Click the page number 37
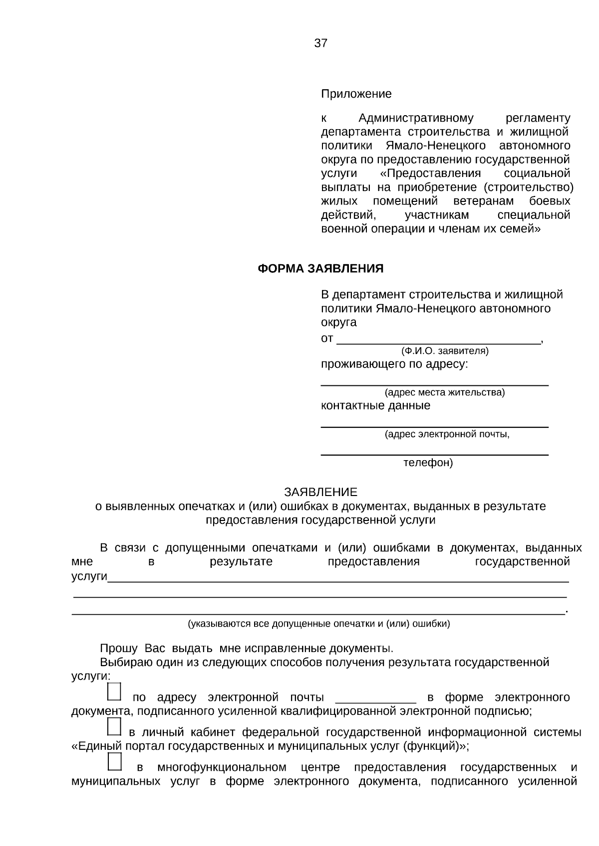pos(320,43)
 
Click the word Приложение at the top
pos(356,94)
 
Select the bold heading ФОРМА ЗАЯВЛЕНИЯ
pos(320,269)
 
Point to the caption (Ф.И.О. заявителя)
pos(445,351)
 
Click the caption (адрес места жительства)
pos(444,392)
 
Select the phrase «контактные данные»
pos(375,405)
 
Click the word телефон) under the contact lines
pos(428,463)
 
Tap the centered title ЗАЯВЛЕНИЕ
pos(320,492)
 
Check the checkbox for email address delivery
pos(114,692)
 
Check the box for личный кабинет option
pos(114,727)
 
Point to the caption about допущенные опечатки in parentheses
pos(318,624)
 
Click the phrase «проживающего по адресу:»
pos(394,364)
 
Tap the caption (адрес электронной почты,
pos(447,434)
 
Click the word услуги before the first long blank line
pos(89,576)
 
